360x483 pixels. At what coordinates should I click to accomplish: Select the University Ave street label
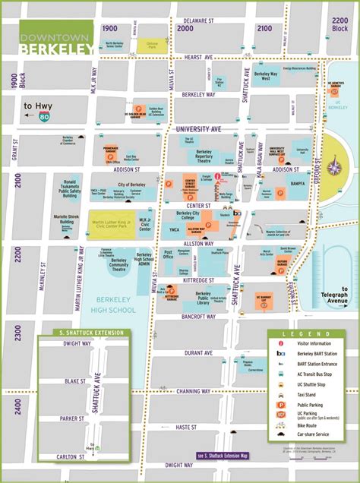point(197,130)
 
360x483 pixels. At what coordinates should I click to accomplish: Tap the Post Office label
point(169,254)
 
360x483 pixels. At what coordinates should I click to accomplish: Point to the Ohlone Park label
point(152,45)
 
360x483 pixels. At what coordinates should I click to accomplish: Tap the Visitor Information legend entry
point(316,343)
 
